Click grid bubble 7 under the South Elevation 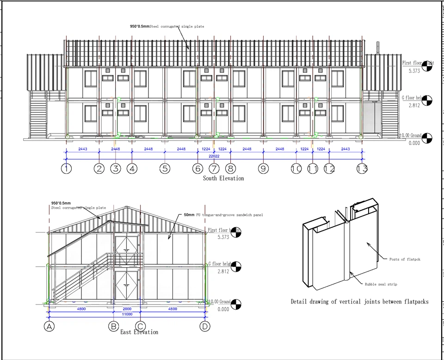click(x=214, y=169)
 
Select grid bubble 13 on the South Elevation click(x=362, y=169)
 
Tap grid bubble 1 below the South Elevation click(x=67, y=169)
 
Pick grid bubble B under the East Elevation click(x=113, y=326)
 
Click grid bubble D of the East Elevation click(x=205, y=326)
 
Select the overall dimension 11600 click(x=127, y=314)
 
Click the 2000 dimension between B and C click(x=127, y=308)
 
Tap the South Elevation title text click(x=223, y=178)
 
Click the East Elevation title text click(x=139, y=332)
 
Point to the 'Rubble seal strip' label click(x=381, y=284)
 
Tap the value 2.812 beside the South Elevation click(x=415, y=106)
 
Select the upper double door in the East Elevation click(x=126, y=250)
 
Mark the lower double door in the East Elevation click(x=126, y=286)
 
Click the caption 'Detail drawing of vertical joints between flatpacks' click(x=359, y=302)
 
